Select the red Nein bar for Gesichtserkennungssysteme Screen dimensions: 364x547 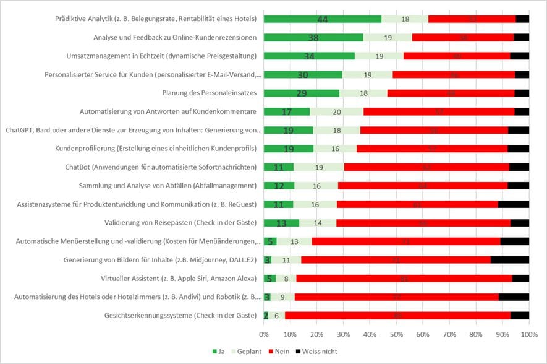(397, 316)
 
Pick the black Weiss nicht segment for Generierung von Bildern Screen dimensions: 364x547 (510, 260)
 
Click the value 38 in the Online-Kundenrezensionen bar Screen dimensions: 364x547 (313, 38)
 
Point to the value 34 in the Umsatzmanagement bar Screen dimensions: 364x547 (309, 56)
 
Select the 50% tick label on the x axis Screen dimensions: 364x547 (396, 334)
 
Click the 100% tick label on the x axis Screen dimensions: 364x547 (528, 334)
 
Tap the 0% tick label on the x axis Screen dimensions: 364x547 (264, 334)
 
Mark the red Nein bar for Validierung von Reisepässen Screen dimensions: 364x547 (423, 223)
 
